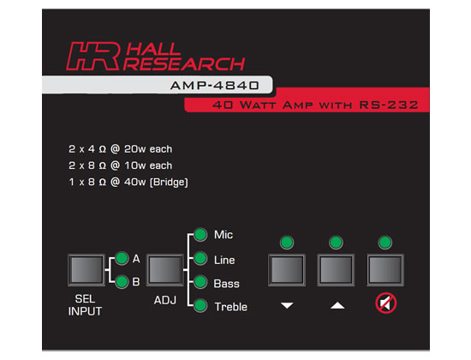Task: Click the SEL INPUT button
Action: tap(86, 270)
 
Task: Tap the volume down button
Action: tap(287, 270)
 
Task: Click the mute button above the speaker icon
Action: tap(385, 270)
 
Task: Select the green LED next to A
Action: tap(122, 258)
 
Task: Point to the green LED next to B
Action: tap(122, 281)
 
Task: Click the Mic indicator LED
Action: tap(200, 235)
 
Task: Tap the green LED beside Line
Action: tap(200, 258)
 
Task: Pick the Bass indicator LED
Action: tap(200, 282)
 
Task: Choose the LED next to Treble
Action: tap(200, 305)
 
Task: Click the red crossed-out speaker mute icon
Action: tap(386, 303)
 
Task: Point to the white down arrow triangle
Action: tap(287, 305)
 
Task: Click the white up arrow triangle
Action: tap(337, 305)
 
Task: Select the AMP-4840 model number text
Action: tap(214, 86)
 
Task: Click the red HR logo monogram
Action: tap(93, 56)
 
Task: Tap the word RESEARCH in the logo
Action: tap(184, 63)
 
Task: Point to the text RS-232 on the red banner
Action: tap(389, 105)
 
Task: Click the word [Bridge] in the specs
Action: tap(169, 182)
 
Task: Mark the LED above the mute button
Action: tap(385, 243)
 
